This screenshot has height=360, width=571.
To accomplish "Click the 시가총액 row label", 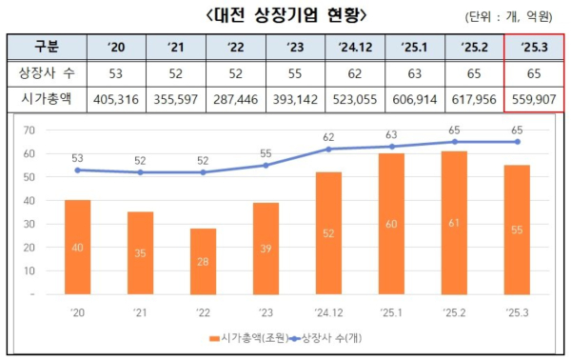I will (45, 97).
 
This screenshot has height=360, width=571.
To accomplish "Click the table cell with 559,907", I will (532, 97).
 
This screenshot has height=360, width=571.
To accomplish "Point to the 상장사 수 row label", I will (45, 72).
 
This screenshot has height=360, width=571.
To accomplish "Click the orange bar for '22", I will (203, 262).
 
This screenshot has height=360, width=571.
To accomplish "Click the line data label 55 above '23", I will (266, 152).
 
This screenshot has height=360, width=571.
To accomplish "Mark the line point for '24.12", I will (328, 149).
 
